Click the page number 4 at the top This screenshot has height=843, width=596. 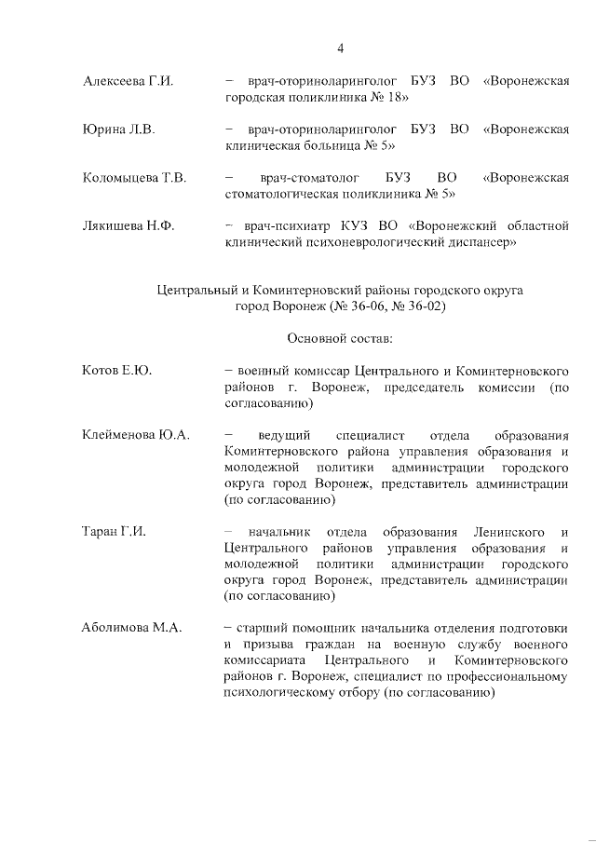(341, 48)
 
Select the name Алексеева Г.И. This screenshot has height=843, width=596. (129, 82)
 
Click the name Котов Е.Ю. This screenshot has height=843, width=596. (117, 370)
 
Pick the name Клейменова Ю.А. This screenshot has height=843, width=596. (136, 434)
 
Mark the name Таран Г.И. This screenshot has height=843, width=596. (115, 531)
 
